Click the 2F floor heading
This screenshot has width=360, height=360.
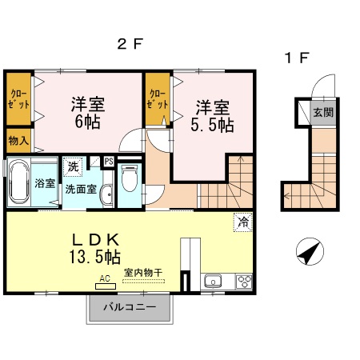click(x=130, y=46)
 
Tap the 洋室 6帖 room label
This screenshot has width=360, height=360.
click(x=89, y=113)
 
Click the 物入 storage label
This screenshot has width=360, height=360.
click(x=18, y=141)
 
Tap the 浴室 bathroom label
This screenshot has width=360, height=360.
click(x=45, y=183)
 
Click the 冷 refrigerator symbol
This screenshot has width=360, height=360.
click(x=241, y=222)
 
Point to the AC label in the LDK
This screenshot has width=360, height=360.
click(x=104, y=279)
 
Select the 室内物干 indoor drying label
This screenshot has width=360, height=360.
click(x=143, y=273)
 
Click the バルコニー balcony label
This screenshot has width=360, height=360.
click(x=129, y=307)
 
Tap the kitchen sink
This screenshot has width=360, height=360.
click(x=214, y=281)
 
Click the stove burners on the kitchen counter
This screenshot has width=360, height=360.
click(x=243, y=281)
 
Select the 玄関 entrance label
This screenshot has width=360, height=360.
click(x=323, y=113)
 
